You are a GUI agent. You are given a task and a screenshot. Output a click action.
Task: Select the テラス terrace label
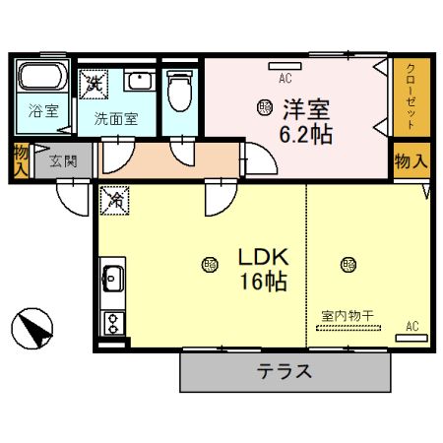(285, 372)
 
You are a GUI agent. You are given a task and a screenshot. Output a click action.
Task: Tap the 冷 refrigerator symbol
(113, 198)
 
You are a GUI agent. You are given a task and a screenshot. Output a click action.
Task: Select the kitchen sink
(111, 278)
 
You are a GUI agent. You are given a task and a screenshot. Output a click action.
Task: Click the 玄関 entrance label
(63, 160)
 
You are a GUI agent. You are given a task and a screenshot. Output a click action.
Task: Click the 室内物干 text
(348, 316)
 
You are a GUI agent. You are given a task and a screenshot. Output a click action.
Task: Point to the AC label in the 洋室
(285, 78)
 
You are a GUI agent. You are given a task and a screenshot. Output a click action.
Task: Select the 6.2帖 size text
(307, 135)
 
